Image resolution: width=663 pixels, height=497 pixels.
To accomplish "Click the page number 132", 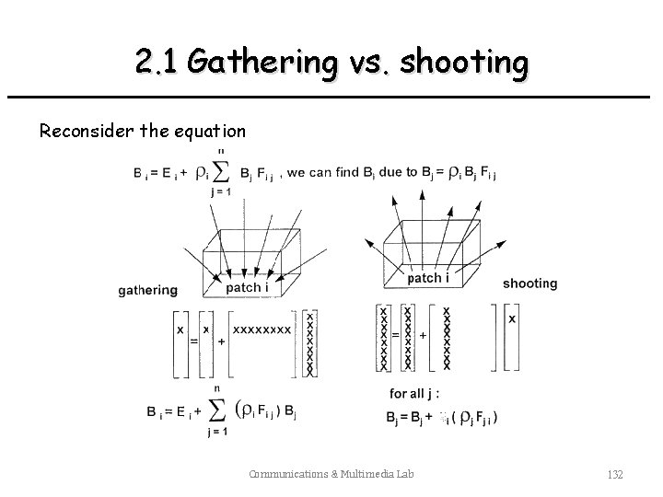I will [615, 475].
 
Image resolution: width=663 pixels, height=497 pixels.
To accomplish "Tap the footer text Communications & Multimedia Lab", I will [331, 475].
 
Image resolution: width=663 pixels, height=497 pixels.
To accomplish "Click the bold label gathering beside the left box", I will [148, 290].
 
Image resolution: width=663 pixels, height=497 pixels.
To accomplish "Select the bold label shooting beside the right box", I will [529, 283].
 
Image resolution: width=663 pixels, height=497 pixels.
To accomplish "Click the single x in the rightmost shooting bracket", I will [512, 318].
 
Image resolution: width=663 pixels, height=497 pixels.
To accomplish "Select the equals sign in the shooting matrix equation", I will [395, 335].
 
